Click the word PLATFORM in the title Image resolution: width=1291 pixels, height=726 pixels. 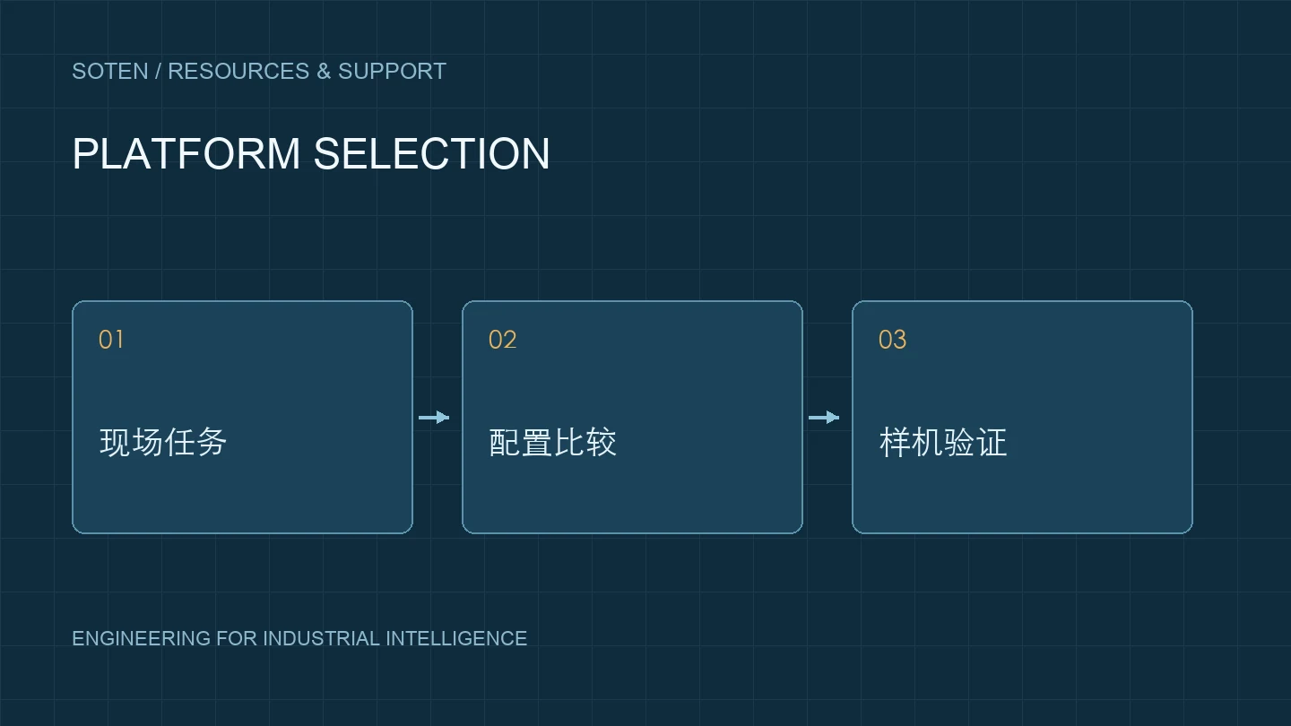pos(186,154)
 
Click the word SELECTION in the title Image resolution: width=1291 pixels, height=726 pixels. pos(432,154)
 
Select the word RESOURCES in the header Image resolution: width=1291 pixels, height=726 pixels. pos(238,72)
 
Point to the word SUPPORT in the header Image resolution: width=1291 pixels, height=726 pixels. pos(392,72)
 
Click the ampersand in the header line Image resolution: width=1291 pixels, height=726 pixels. pos(324,72)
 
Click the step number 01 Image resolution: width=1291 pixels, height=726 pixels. pos(110,340)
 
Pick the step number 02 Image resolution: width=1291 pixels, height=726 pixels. pos(502,340)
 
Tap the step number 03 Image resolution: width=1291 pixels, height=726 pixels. pos(892,340)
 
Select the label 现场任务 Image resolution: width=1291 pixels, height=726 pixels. pos(163,443)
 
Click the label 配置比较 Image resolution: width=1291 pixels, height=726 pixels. pos(552,443)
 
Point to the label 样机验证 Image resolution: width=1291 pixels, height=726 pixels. pos(943,443)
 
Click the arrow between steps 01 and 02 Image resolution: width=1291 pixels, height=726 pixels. pos(434,417)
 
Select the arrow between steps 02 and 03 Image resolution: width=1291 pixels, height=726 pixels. pos(824,417)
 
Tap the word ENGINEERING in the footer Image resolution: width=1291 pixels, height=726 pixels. pos(142,638)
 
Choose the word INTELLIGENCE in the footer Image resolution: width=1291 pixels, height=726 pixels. pos(456,638)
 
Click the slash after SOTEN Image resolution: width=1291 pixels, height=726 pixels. pos(158,72)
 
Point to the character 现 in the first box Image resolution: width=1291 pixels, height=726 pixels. pos(115,443)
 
